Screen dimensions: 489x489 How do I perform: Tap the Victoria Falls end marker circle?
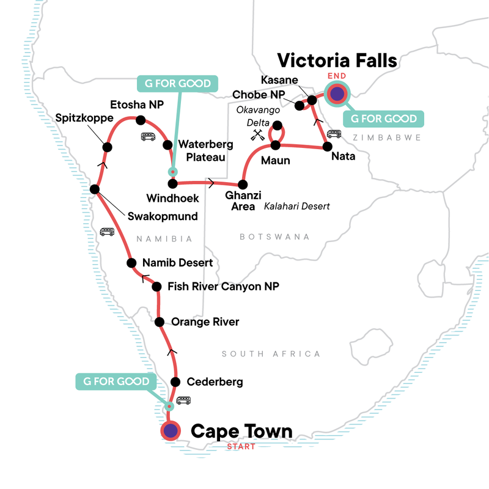[337, 94]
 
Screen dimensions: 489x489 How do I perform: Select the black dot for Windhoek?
[172, 183]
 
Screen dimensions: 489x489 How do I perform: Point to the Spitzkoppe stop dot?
[107, 147]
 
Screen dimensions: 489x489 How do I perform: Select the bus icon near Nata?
[334, 134]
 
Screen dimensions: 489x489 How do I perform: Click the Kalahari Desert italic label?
[296, 207]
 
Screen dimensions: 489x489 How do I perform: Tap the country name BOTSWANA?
[274, 237]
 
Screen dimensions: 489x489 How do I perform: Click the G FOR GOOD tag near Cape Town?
[112, 382]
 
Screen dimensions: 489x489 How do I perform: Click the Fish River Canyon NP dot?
[156, 286]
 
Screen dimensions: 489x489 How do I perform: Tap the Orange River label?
[205, 322]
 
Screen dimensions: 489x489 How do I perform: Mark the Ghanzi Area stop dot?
[243, 184]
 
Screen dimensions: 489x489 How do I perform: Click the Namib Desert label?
[177, 263]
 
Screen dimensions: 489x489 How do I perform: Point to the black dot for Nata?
[327, 147]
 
